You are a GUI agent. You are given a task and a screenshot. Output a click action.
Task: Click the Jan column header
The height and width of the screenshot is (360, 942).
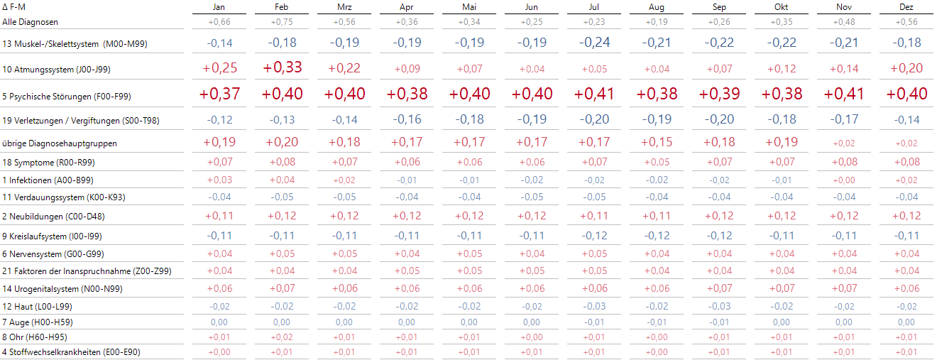pos(220,7)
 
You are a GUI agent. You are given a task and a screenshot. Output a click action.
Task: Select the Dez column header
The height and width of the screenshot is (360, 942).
pos(906,7)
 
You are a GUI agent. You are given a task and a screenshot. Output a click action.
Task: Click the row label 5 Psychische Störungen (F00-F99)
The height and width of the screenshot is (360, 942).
pos(67,96)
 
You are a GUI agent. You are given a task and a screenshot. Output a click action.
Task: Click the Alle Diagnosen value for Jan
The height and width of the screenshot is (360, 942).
pos(220,22)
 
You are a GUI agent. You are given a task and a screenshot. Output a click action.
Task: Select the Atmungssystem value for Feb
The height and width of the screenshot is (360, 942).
pos(283,68)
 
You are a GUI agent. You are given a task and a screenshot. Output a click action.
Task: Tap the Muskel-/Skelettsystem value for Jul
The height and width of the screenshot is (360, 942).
pos(594,43)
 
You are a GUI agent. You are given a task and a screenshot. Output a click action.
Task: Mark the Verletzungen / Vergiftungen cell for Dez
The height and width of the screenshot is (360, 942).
pos(906,120)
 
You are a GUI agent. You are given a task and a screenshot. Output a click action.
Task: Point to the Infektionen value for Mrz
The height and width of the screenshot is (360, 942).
pos(345,180)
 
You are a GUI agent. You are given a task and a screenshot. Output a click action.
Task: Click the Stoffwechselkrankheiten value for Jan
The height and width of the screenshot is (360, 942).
pos(220,351)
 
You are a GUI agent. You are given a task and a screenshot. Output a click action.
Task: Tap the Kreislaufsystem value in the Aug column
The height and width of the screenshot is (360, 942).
pos(657,236)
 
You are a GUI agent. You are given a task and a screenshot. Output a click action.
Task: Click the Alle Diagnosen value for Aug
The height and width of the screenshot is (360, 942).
pos(657,22)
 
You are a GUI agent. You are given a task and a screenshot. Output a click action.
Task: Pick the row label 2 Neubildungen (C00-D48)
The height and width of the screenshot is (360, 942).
pos(53,217)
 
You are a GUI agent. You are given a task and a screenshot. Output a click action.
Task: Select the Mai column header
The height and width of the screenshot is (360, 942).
pos(469,7)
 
